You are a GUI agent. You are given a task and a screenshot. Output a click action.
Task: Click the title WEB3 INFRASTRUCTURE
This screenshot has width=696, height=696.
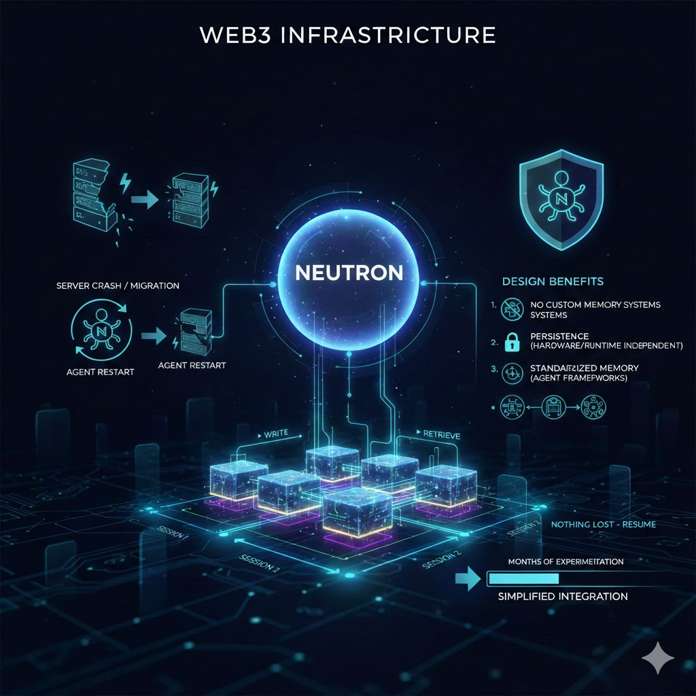click(x=347, y=35)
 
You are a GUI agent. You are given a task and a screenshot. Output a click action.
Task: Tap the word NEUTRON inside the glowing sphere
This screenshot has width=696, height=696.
click(x=349, y=273)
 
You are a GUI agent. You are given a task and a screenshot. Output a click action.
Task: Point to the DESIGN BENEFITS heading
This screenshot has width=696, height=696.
click(x=553, y=281)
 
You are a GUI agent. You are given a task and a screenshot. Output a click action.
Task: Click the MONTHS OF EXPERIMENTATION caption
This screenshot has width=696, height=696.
click(x=565, y=562)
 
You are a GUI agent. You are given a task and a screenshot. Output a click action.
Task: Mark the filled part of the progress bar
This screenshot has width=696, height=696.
click(x=523, y=578)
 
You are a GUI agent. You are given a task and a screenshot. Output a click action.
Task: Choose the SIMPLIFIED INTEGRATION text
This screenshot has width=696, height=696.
click(x=563, y=596)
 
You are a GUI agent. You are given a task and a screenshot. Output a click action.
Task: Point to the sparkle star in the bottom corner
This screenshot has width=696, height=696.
click(x=658, y=659)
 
